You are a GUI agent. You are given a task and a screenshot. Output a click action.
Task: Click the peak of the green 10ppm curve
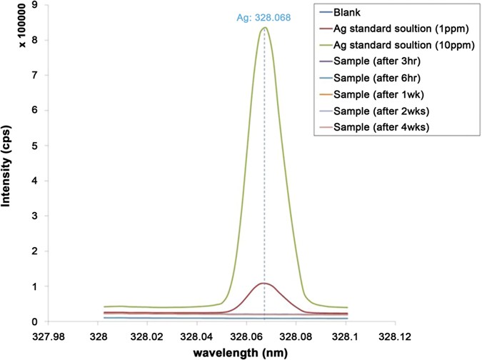(x=264, y=28)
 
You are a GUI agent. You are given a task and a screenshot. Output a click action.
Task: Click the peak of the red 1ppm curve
(x=263, y=284)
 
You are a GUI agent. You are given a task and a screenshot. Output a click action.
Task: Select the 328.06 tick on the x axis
(x=246, y=334)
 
